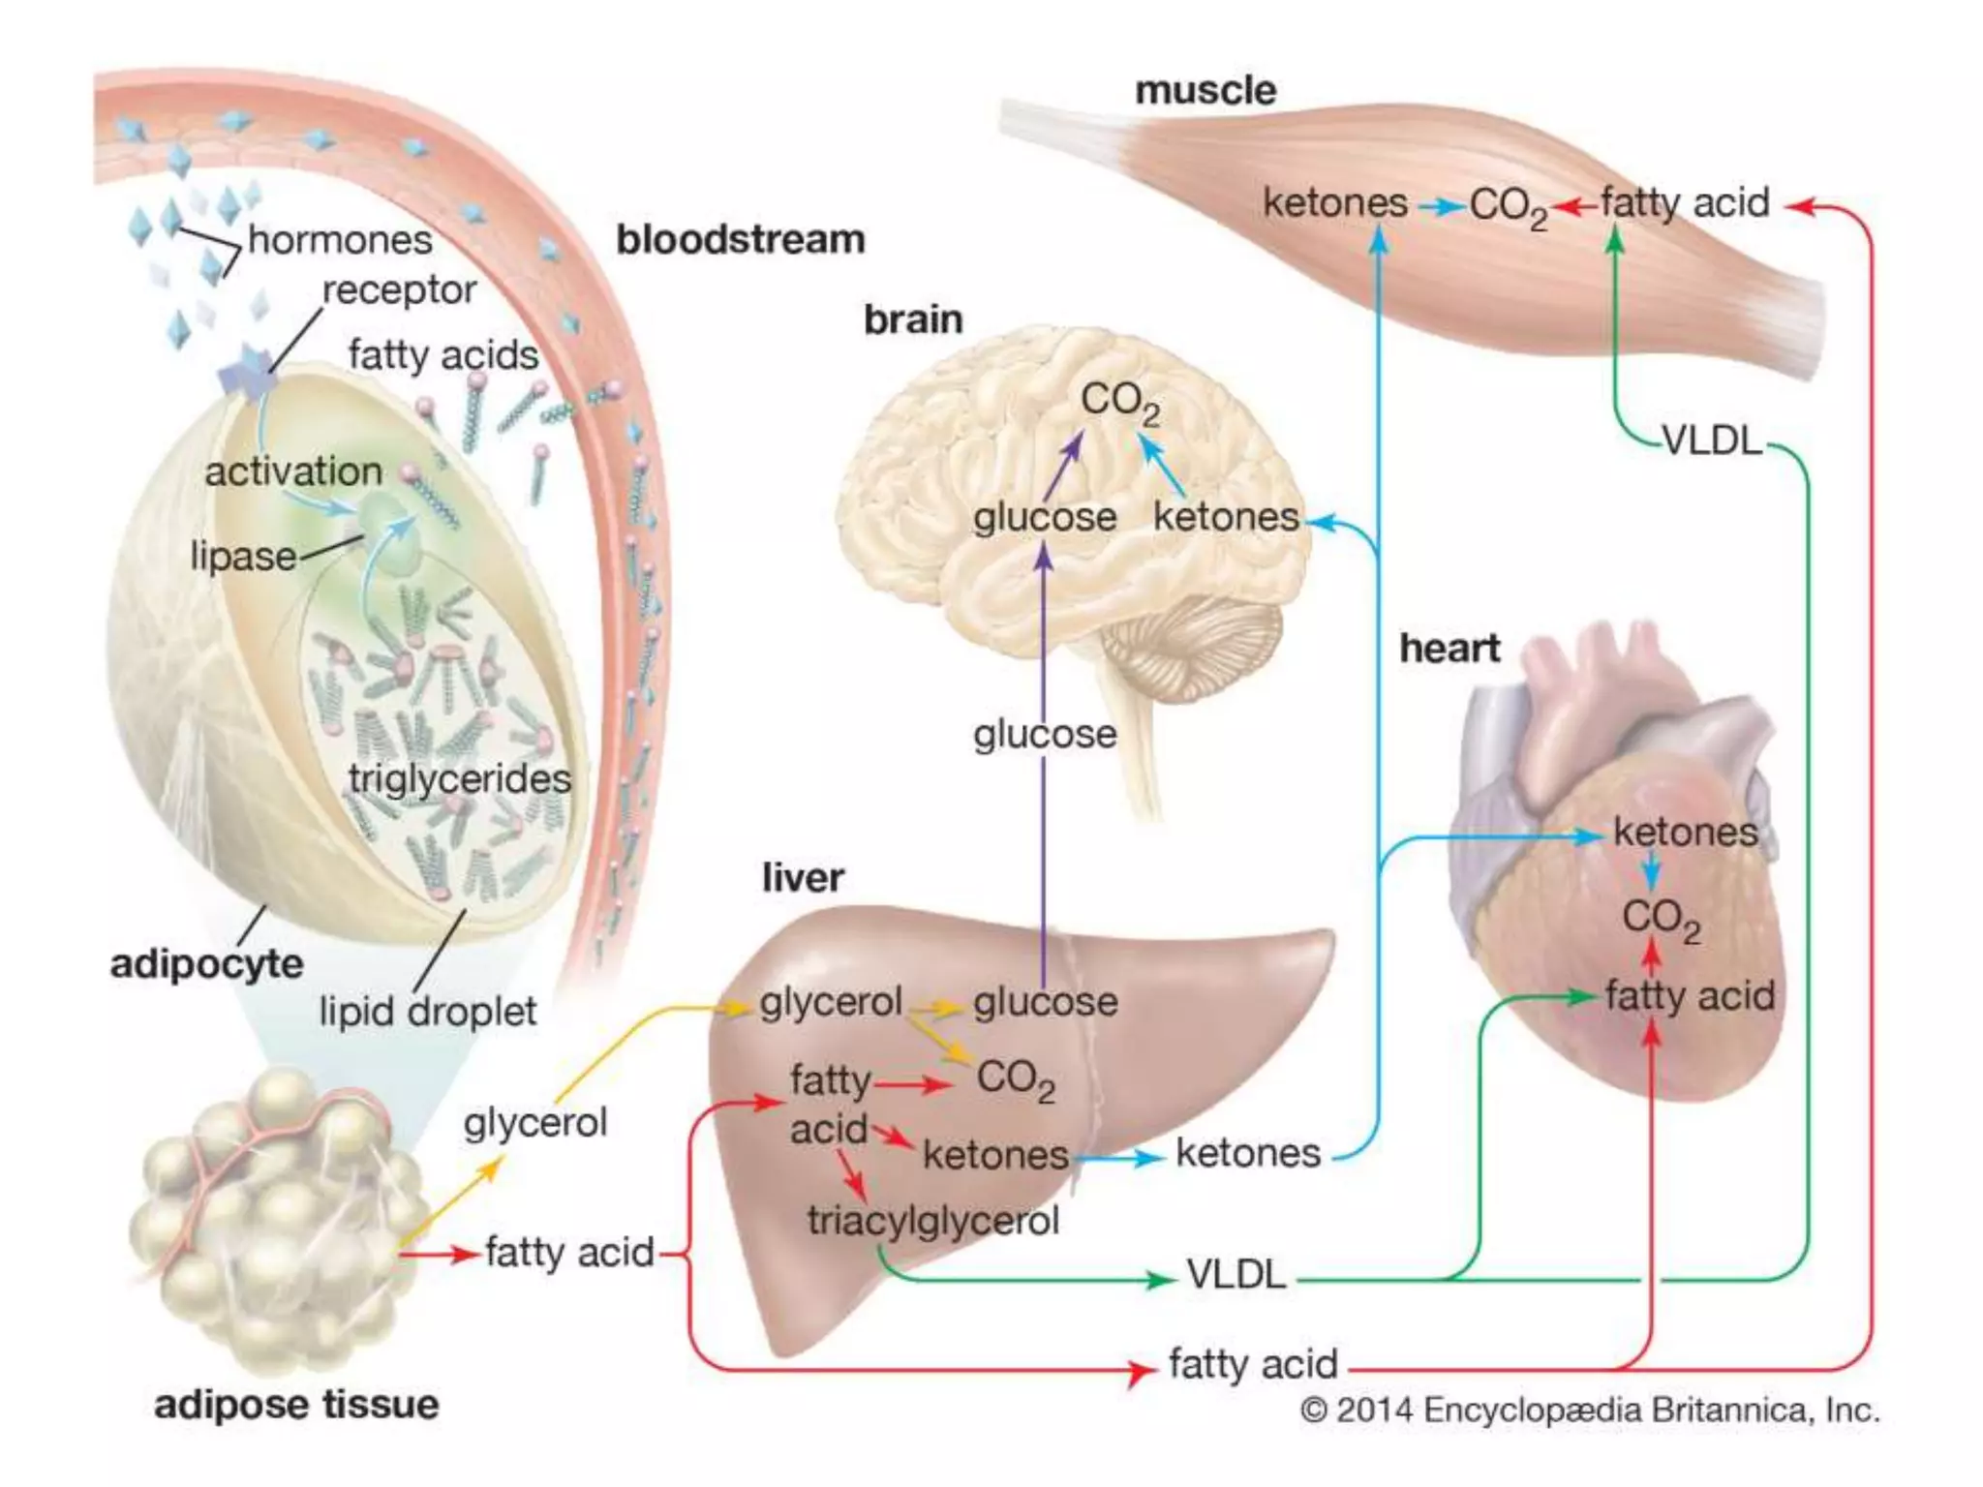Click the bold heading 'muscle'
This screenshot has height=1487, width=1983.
[x=1205, y=91]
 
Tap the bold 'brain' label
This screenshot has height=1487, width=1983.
[x=913, y=319]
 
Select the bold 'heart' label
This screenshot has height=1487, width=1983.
[x=1449, y=649]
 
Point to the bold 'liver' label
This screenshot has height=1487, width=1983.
[x=803, y=878]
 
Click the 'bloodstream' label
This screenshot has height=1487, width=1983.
[x=741, y=240]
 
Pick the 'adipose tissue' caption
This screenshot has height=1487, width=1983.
[x=296, y=1405]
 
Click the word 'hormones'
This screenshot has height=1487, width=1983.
[x=340, y=240]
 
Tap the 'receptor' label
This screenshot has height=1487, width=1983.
[x=399, y=290]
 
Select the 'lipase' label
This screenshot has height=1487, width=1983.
[x=243, y=557]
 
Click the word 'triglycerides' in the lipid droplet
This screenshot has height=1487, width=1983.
[x=460, y=779]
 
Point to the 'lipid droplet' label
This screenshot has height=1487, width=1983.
[x=427, y=1012]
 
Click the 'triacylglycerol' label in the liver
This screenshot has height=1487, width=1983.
[x=933, y=1221]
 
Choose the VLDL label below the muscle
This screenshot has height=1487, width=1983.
[x=1712, y=441]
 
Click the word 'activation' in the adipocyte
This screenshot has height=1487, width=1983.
[x=293, y=472]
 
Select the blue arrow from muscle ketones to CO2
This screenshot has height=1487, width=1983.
[x=1440, y=206]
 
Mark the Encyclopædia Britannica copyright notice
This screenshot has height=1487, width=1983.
[x=1589, y=1411]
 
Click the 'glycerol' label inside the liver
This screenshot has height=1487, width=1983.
[x=831, y=1003]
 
